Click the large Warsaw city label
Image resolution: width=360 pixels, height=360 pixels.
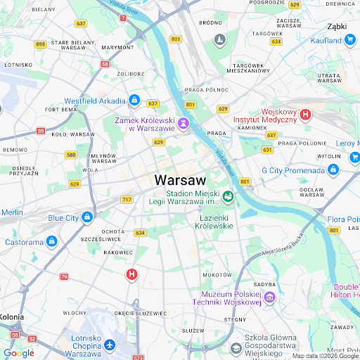click(181, 179)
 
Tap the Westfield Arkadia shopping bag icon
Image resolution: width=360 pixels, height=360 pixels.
click(134, 101)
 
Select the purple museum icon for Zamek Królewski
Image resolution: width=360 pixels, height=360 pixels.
click(184, 124)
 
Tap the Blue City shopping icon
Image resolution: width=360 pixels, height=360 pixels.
click(87, 217)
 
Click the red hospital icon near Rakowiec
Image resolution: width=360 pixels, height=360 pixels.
click(131, 275)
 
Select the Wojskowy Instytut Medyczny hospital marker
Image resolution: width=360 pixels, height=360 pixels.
click(305, 113)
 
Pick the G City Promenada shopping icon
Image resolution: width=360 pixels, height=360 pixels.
click(333, 170)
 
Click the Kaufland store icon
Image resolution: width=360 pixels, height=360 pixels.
click(351, 40)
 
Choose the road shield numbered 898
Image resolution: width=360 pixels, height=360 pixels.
click(40, 44)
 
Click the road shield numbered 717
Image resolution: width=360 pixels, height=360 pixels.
click(127, 200)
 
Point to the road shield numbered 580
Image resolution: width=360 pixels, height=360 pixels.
click(71, 155)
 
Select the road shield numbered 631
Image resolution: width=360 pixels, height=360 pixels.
click(267, 150)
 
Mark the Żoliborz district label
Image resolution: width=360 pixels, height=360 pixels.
click(131, 73)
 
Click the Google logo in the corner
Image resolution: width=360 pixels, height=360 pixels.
click(18, 353)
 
